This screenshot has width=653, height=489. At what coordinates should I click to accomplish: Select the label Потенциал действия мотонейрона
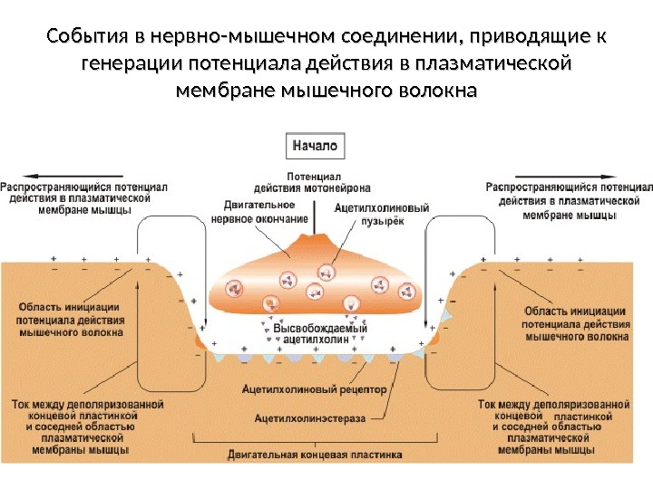[x=311, y=182]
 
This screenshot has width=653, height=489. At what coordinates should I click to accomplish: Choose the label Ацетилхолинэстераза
[x=309, y=417]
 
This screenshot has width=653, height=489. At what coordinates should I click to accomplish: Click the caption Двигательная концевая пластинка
[x=314, y=456]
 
